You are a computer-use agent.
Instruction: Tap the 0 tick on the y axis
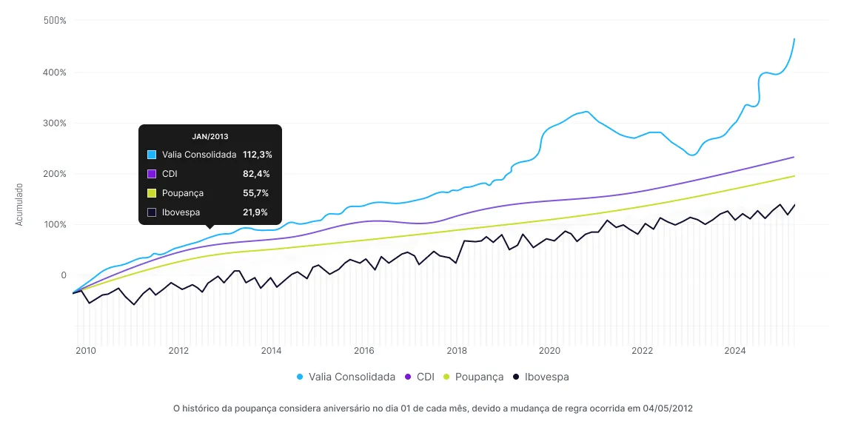[64, 275]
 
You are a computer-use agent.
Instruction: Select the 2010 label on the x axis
[86, 351]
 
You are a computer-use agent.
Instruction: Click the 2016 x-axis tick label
[363, 351]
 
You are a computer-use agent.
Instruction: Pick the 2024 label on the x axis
[734, 351]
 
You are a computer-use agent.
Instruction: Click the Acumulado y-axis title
[20, 205]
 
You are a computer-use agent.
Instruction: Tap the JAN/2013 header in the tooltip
[210, 137]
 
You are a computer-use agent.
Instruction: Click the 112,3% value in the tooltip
[258, 155]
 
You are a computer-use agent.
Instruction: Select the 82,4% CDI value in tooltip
[256, 174]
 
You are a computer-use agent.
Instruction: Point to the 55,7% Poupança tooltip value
[255, 193]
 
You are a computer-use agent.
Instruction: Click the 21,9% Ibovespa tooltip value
[255, 212]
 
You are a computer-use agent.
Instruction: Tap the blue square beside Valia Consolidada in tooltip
[152, 155]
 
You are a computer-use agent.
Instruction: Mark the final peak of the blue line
[794, 38]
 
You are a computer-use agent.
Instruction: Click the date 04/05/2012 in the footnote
[668, 408]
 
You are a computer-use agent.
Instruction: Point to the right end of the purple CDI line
[794, 157]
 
